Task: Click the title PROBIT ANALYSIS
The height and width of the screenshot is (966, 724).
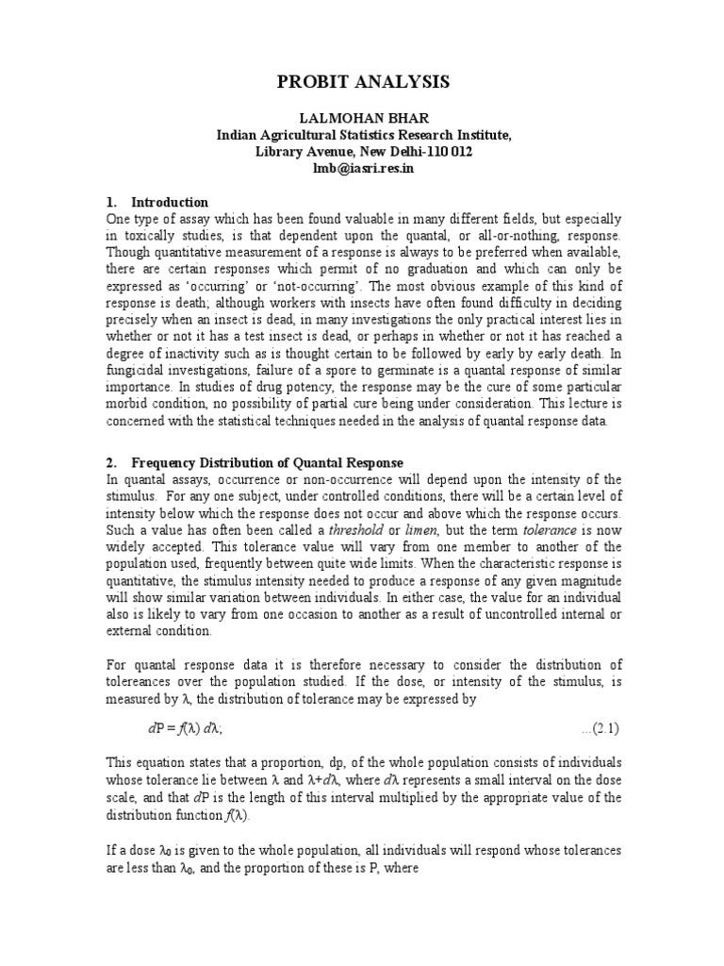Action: pyautogui.click(x=363, y=84)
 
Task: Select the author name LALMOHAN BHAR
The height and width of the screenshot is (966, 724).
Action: pyautogui.click(x=363, y=120)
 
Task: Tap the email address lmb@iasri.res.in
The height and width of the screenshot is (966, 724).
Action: pyautogui.click(x=363, y=168)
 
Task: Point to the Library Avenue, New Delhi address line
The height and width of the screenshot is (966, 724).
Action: pyautogui.click(x=363, y=152)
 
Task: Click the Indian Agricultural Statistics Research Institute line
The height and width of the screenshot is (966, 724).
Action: pyautogui.click(x=363, y=136)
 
